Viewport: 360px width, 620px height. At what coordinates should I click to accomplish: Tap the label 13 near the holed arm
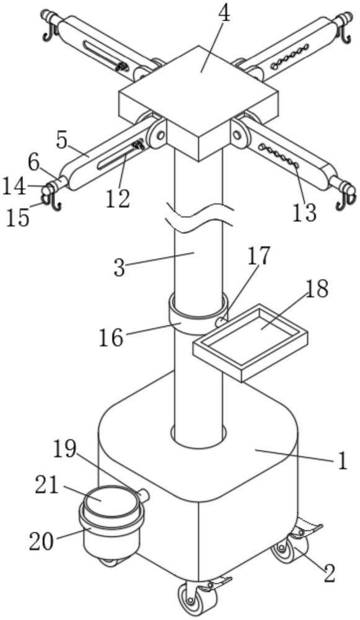[304, 212]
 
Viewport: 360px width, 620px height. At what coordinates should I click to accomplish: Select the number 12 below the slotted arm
[118, 199]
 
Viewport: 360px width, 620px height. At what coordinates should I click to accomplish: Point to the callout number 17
[259, 255]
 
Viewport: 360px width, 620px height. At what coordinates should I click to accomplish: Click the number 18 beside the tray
[316, 290]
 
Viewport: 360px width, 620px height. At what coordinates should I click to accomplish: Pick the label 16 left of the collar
[111, 339]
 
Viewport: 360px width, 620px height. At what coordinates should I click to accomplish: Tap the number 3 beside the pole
[120, 268]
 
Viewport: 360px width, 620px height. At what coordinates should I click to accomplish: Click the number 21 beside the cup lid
[47, 485]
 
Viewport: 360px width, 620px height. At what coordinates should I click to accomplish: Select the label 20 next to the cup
[41, 541]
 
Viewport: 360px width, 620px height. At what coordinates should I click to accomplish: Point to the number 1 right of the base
[342, 461]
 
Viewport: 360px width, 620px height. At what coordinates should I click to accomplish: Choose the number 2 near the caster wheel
[328, 573]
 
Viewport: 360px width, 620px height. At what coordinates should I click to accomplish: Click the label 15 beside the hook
[18, 218]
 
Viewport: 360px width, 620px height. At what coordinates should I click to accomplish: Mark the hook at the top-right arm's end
[346, 34]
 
